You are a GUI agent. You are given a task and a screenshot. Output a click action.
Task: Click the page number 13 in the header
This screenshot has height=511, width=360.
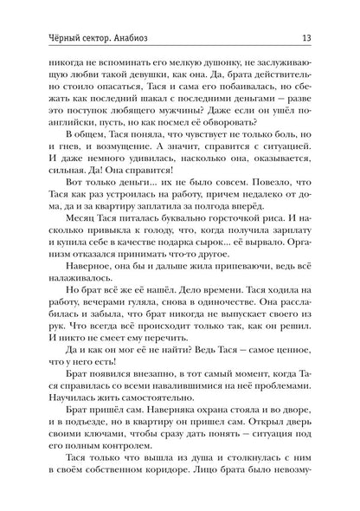coord(319,13)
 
